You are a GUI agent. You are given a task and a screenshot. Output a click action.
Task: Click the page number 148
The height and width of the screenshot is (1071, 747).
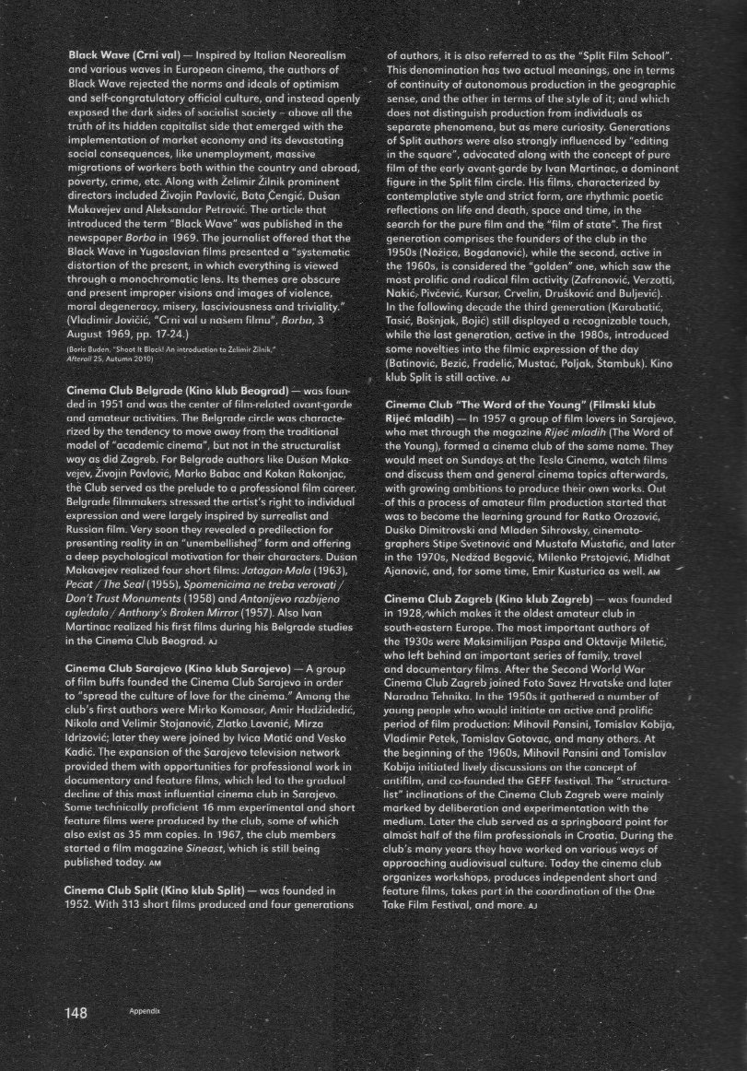click(76, 1013)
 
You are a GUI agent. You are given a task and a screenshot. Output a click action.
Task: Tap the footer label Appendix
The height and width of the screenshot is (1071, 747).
click(145, 1011)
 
